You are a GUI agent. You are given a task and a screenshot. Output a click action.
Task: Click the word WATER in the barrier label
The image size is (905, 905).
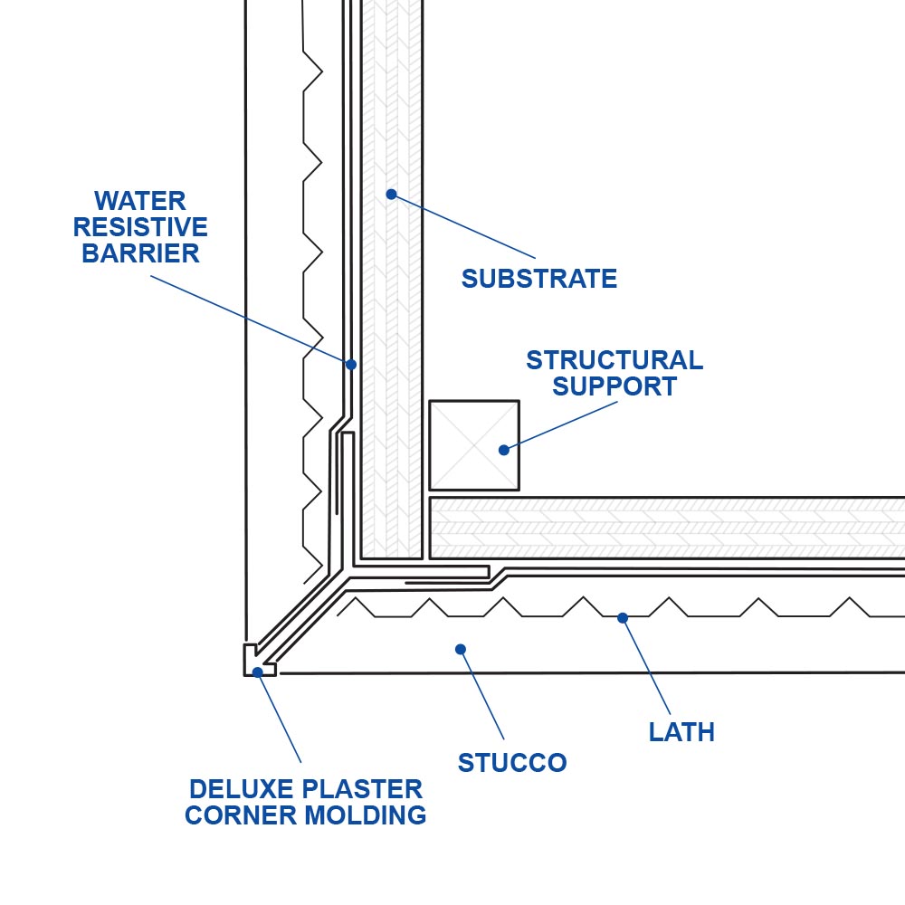(140, 200)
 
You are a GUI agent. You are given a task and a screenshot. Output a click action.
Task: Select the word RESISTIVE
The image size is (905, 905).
(140, 227)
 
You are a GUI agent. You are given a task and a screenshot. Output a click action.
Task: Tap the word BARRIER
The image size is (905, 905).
(140, 253)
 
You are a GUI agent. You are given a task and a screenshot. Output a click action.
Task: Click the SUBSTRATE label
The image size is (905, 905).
(539, 279)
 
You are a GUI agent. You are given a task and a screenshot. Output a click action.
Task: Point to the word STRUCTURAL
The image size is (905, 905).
(614, 360)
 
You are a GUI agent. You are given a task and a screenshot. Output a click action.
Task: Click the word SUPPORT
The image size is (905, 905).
(614, 386)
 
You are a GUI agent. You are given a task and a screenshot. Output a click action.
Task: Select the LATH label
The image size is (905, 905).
(681, 732)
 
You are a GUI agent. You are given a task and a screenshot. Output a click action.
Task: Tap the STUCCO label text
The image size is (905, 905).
(512, 763)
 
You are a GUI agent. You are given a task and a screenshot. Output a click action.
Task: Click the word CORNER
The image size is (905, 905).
(240, 815)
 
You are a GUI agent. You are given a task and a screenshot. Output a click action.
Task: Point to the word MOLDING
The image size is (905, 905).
(366, 815)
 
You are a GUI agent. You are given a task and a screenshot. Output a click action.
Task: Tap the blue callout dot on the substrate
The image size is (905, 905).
(391, 194)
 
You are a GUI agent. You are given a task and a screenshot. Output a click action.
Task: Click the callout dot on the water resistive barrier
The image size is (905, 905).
(351, 365)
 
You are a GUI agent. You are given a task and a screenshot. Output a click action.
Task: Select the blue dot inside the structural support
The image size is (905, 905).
(504, 450)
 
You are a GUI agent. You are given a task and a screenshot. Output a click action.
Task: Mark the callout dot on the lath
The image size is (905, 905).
(623, 618)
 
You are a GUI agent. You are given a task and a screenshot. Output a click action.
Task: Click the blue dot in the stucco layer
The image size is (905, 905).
(460, 649)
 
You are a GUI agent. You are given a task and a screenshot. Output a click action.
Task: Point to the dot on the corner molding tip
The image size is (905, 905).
(258, 672)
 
